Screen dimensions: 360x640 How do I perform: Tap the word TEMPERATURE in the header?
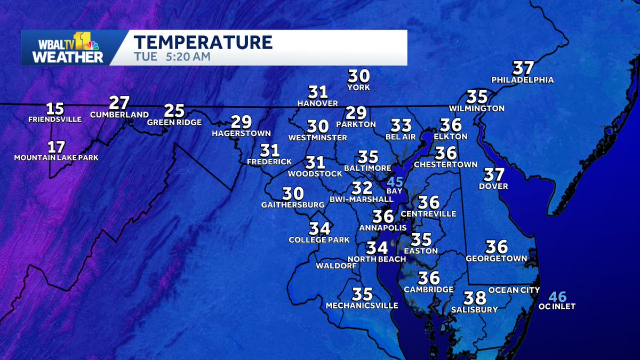click(x=203, y=42)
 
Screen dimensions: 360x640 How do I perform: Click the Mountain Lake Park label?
click(x=56, y=158)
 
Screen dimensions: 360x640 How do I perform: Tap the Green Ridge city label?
click(x=175, y=123)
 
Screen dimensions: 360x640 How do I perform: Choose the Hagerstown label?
click(x=241, y=133)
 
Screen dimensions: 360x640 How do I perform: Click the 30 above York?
click(x=358, y=76)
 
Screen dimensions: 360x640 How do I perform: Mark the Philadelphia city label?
click(x=523, y=80)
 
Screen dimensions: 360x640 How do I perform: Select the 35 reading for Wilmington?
click(x=477, y=97)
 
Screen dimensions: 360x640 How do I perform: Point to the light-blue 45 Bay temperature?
click(x=395, y=182)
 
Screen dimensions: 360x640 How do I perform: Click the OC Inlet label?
click(x=557, y=306)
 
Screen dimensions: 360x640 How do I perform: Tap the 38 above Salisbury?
click(x=474, y=298)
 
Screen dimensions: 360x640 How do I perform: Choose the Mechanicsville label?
click(x=362, y=306)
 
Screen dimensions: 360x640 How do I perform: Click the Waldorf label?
click(x=336, y=266)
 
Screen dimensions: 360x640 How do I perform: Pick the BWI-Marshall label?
click(x=365, y=199)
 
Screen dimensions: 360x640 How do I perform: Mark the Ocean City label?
click(x=511, y=290)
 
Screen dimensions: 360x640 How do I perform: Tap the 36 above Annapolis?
click(x=383, y=217)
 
